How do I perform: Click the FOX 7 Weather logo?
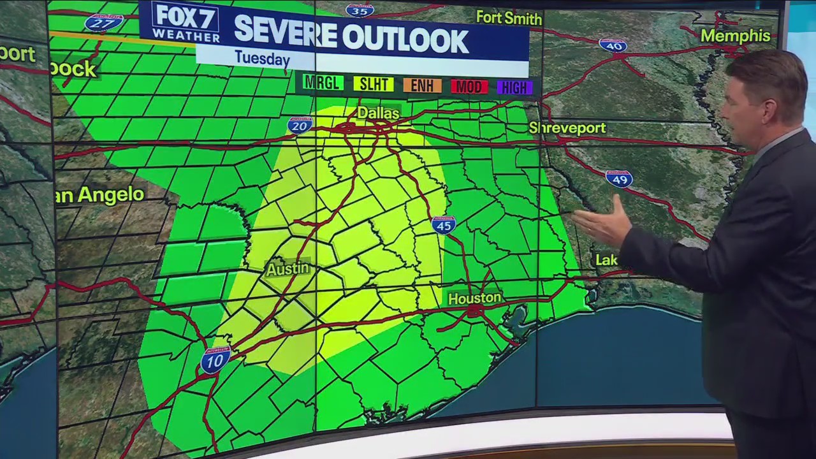click(186, 23)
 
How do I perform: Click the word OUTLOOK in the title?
click(405, 40)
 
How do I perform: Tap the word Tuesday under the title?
click(262, 59)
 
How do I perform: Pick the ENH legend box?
click(422, 85)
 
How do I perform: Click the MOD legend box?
click(469, 87)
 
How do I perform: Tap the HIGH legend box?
click(514, 88)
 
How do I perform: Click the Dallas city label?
click(378, 113)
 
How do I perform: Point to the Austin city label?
click(288, 269)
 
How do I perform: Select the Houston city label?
click(474, 298)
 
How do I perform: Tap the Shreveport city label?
click(567, 128)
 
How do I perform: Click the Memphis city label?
click(735, 35)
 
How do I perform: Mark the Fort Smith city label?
click(509, 17)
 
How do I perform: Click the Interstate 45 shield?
click(444, 224)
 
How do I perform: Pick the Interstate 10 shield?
click(215, 360)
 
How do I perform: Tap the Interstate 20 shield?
click(300, 125)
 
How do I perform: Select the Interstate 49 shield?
click(618, 178)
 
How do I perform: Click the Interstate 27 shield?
click(104, 23)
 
